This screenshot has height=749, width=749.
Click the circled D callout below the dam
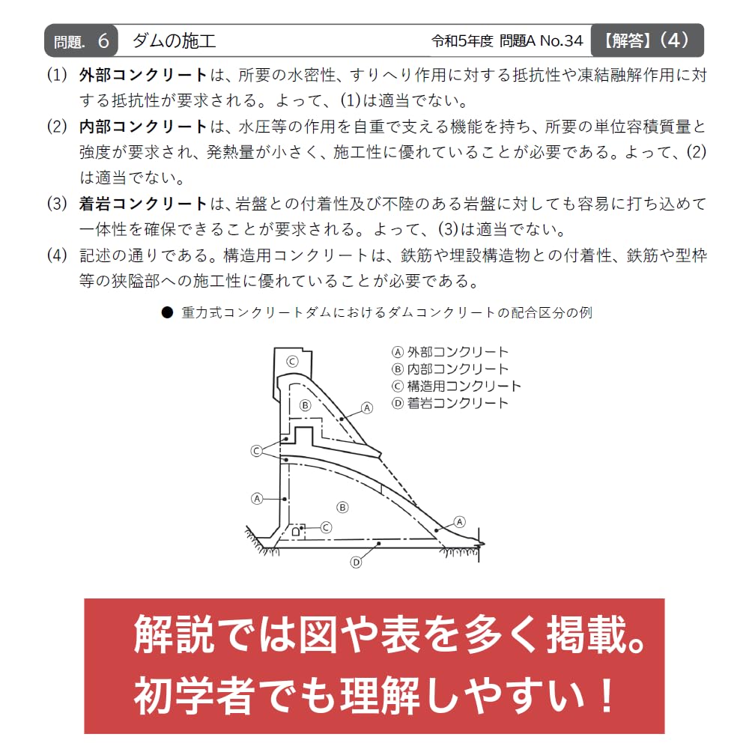pyautogui.click(x=356, y=562)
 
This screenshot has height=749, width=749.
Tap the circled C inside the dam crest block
pyautogui.click(x=292, y=361)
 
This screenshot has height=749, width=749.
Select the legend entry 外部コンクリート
pyautogui.click(x=450, y=352)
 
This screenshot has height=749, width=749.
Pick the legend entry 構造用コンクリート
pyautogui.click(x=456, y=386)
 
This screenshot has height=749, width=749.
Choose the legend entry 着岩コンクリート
pyautogui.click(x=450, y=403)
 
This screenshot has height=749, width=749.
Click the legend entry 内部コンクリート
pyautogui.click(x=450, y=369)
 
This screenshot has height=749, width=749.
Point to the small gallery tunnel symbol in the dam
pyautogui.click(x=296, y=531)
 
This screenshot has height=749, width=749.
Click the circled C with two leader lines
pyautogui.click(x=256, y=450)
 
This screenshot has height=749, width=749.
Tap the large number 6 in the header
pyautogui.click(x=103, y=41)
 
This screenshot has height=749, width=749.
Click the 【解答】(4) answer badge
pyautogui.click(x=647, y=40)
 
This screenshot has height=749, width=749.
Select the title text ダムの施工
pyautogui.click(x=174, y=41)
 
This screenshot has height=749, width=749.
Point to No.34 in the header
pyautogui.click(x=561, y=41)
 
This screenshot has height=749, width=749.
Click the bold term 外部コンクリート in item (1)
pyautogui.click(x=143, y=75)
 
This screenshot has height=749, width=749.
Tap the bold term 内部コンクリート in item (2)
pyautogui.click(x=143, y=127)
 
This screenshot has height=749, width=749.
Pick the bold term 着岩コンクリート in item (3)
pyautogui.click(x=143, y=204)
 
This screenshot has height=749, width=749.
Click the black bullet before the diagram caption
pyautogui.click(x=167, y=313)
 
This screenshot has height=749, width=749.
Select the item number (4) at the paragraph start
pyautogui.click(x=57, y=255)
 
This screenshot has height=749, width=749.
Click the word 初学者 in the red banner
pyautogui.click(x=193, y=695)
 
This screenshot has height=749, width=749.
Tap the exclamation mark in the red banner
pyautogui.click(x=607, y=695)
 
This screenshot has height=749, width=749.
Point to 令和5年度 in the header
pyautogui.click(x=462, y=41)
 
